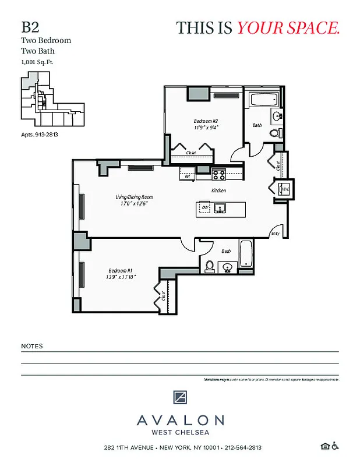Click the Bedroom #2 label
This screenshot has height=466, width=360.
click(x=206, y=122)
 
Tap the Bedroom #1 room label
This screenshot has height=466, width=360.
click(x=122, y=270)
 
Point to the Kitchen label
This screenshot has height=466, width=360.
click(x=218, y=190)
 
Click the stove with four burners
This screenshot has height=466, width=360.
click(x=218, y=173)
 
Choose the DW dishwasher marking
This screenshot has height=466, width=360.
click(x=204, y=207)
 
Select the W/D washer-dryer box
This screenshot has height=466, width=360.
click(x=285, y=189)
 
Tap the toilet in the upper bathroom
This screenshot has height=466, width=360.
click(x=275, y=133)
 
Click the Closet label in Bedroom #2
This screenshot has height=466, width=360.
click(x=190, y=153)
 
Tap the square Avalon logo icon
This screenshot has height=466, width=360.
click(x=180, y=397)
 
